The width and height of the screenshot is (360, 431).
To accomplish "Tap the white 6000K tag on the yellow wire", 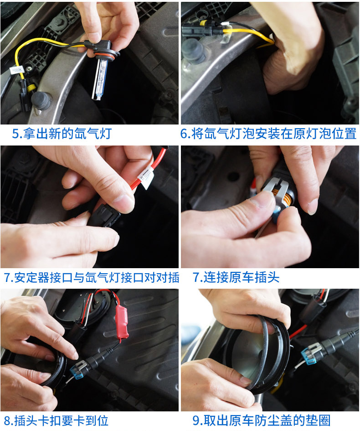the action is point(17,70).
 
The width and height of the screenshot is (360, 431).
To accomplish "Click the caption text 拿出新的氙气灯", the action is point(67,134).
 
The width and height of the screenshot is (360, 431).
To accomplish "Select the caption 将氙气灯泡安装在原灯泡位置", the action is point(274,134).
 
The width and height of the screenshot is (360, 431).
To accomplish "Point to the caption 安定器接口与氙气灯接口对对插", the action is point(97,277).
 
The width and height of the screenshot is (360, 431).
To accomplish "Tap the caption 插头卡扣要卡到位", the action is point(61,421).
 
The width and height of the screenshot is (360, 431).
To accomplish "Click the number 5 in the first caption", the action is point(15,134).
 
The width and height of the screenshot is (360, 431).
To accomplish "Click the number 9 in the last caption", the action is point(196,421).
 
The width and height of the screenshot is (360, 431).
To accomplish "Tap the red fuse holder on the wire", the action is point(122,322).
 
